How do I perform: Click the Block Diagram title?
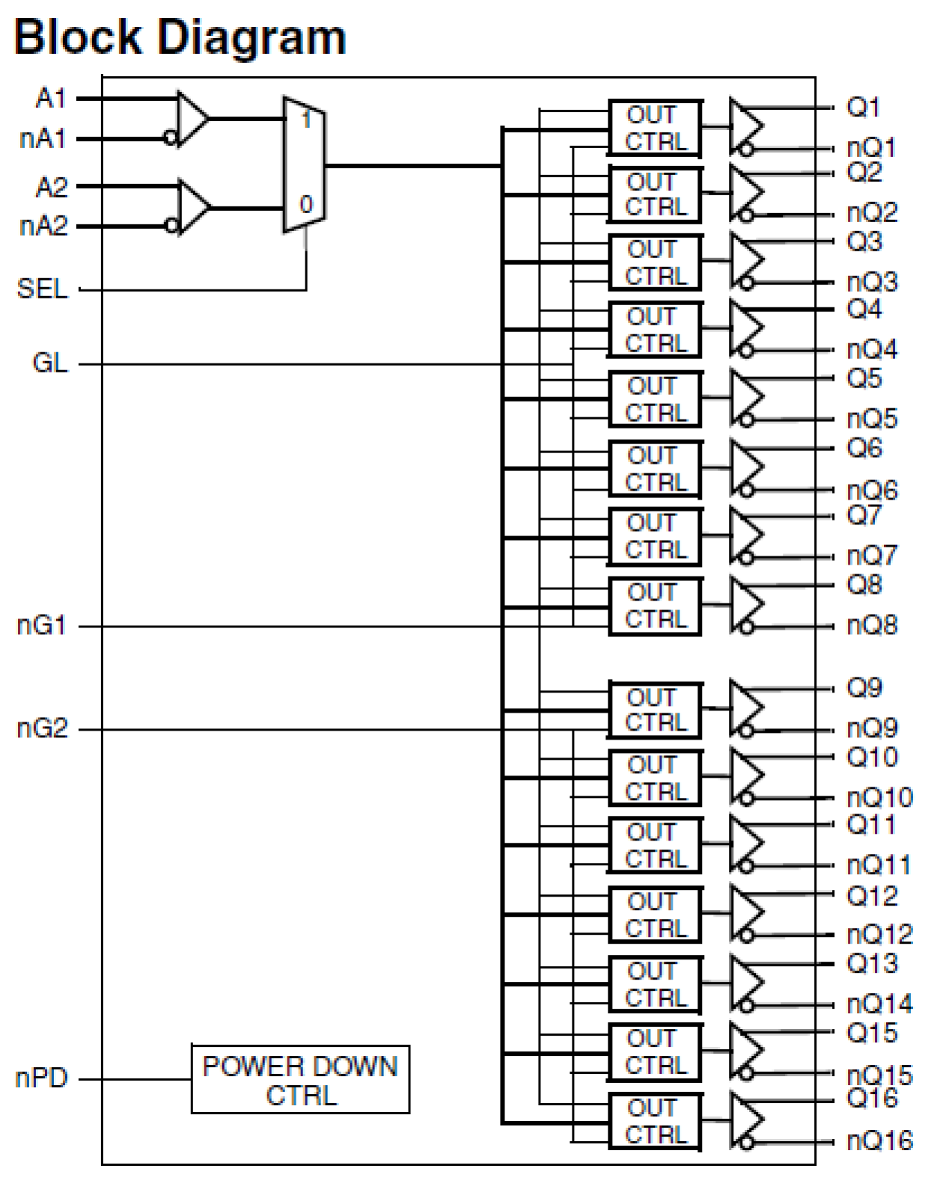180,37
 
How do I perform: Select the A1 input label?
51,98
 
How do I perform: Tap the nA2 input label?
43,226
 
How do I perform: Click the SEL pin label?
42,289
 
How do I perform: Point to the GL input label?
49,363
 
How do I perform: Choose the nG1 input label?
42,625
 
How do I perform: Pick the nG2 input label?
42,728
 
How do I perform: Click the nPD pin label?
41,1078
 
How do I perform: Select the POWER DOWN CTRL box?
300,1079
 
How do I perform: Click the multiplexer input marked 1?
305,118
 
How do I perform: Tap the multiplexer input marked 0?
305,204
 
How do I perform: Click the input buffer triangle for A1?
192,118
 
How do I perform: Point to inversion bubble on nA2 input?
171,225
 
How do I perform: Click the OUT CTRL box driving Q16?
655,1121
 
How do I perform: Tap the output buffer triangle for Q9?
745,708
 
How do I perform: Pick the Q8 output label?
864,585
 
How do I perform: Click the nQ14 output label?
879,1004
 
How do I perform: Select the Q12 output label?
871,895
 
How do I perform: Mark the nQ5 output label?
872,419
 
